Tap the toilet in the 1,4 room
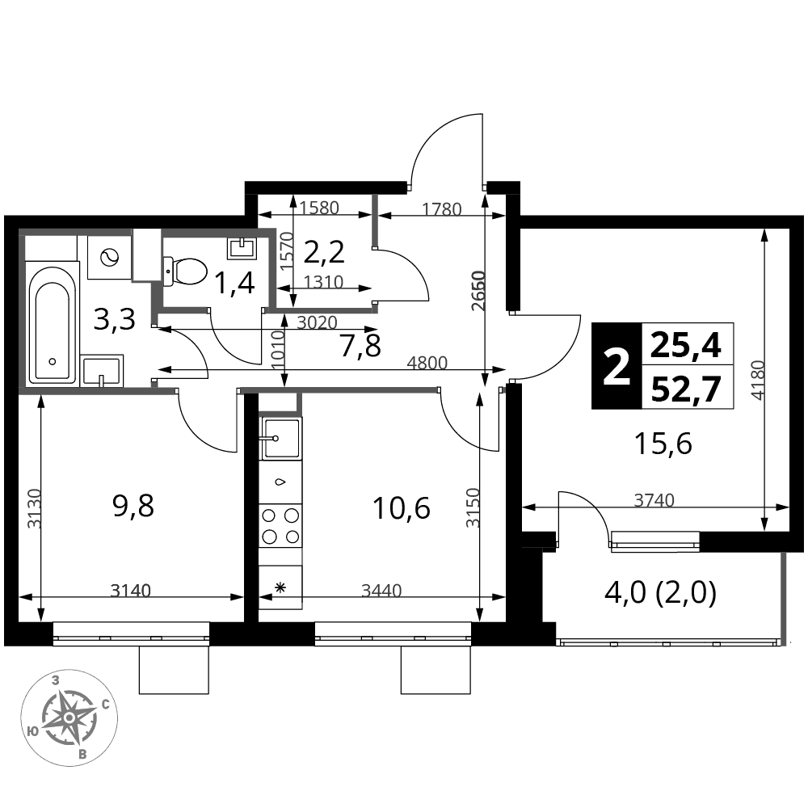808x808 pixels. [185, 271]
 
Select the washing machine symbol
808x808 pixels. [109, 257]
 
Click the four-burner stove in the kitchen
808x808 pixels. [280, 526]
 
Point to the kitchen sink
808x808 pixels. [281, 439]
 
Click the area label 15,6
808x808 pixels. [663, 443]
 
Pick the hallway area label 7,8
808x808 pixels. [360, 346]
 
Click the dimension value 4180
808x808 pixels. [757, 381]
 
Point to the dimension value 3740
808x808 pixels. [654, 500]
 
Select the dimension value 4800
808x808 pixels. [427, 363]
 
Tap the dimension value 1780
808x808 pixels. [442, 209]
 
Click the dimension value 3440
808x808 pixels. [381, 590]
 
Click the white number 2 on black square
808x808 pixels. [617, 366]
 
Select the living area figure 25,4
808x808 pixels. [686, 345]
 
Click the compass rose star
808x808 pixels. [69, 717]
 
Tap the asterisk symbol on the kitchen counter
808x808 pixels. [280, 587]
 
